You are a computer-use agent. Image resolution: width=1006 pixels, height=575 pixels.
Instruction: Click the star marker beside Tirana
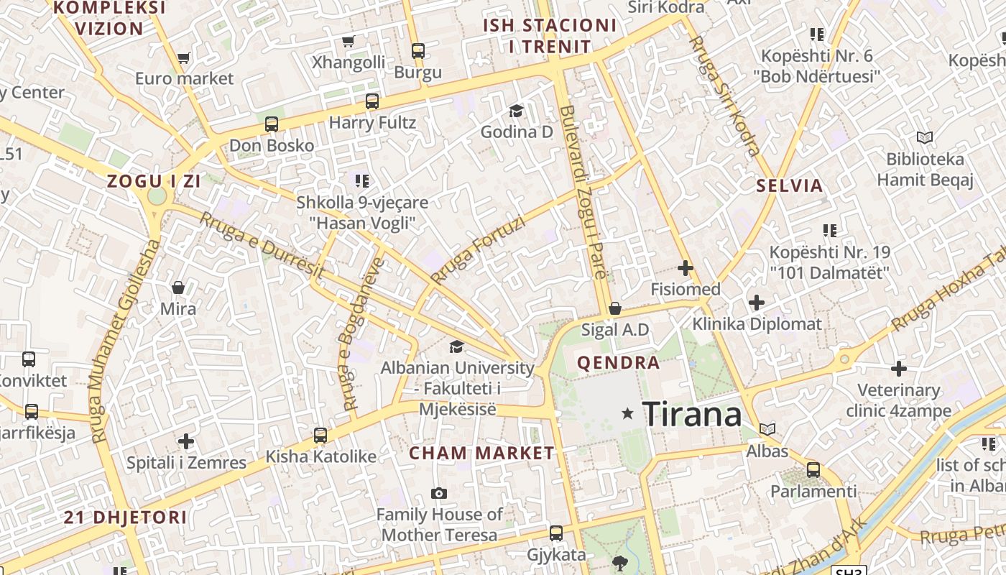point(627,413)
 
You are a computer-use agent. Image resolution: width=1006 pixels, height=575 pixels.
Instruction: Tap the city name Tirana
point(691,414)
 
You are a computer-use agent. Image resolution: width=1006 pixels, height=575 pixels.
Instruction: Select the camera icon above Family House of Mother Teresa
point(438,493)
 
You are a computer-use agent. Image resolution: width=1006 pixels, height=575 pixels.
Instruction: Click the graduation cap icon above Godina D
point(516,110)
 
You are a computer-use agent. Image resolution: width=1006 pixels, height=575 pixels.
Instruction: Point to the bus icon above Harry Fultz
point(372,101)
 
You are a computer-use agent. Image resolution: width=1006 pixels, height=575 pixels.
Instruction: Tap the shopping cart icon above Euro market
point(183,57)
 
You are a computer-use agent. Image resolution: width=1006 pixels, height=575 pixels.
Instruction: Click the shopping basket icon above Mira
point(178,287)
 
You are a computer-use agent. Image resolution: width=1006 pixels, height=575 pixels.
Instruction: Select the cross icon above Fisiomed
point(685,268)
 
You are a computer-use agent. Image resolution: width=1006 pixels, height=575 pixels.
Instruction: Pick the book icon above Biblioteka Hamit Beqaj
point(924,137)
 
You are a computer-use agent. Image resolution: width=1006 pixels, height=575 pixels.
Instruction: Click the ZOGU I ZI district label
point(154,181)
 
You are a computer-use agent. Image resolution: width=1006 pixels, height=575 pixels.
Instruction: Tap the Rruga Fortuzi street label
point(478,249)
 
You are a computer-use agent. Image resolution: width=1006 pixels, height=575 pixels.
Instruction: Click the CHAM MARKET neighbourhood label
point(481,453)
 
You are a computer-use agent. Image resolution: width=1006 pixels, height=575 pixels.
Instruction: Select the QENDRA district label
point(618,362)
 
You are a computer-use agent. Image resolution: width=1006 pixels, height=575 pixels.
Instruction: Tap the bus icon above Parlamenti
point(813,470)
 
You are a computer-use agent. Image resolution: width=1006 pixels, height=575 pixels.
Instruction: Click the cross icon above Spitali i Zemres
point(186,441)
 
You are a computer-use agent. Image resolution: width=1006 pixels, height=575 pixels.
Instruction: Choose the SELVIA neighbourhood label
point(789,185)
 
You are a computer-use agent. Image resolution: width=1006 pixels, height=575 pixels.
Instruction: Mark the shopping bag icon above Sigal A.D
point(615,308)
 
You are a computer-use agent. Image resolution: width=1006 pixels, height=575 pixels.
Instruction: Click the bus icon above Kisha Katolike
point(320,435)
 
